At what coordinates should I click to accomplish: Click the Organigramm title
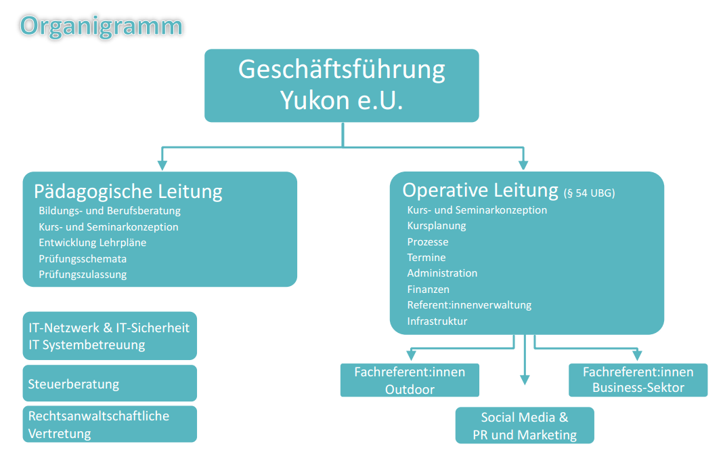(x=101, y=25)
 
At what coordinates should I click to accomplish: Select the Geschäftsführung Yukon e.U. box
(x=342, y=85)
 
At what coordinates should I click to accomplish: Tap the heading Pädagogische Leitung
(x=128, y=191)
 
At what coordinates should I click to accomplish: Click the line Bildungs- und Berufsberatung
(x=110, y=211)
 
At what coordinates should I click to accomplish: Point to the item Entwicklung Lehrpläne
(x=92, y=243)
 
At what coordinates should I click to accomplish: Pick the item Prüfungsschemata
(x=83, y=258)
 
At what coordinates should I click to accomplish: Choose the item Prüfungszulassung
(x=83, y=275)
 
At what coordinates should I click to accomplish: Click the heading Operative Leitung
(x=480, y=190)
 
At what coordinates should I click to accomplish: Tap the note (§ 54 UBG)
(x=589, y=193)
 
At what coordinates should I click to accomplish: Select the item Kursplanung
(x=437, y=226)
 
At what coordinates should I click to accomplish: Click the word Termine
(x=426, y=258)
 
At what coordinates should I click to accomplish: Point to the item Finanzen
(x=429, y=290)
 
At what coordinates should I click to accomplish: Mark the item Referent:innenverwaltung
(x=469, y=305)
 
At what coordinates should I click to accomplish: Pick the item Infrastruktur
(x=437, y=321)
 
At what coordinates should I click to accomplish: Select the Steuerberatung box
(x=110, y=384)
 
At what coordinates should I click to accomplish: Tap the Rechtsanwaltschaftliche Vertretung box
(x=110, y=424)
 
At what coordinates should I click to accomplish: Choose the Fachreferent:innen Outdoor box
(x=410, y=380)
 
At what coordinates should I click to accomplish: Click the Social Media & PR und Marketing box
(x=525, y=426)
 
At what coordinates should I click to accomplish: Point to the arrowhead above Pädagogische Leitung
(x=162, y=164)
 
